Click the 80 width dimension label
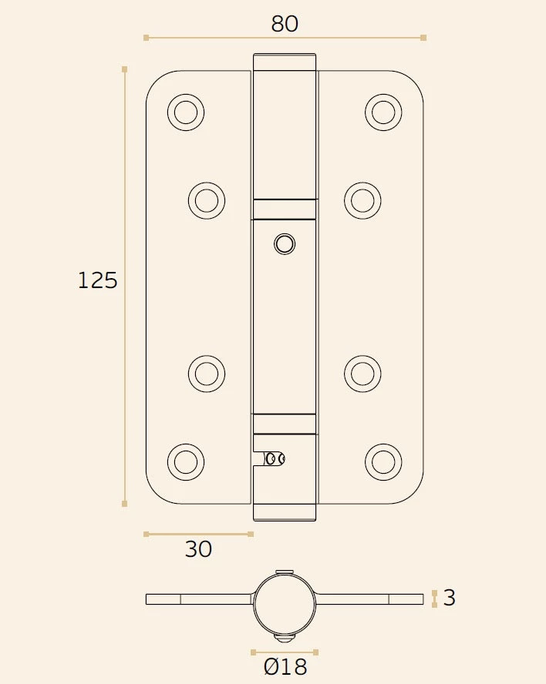point(285,24)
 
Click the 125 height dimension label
point(98,280)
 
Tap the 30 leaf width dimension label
point(198,550)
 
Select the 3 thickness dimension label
point(450,598)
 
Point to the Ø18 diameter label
point(285,667)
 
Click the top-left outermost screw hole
point(185,112)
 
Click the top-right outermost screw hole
point(383,112)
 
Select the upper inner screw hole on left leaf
point(206,200)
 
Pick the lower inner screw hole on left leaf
point(206,374)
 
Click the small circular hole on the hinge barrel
point(285,244)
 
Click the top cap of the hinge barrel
point(285,62)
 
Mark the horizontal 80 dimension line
point(285,37)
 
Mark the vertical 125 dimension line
point(125,286)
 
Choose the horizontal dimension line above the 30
point(198,533)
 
